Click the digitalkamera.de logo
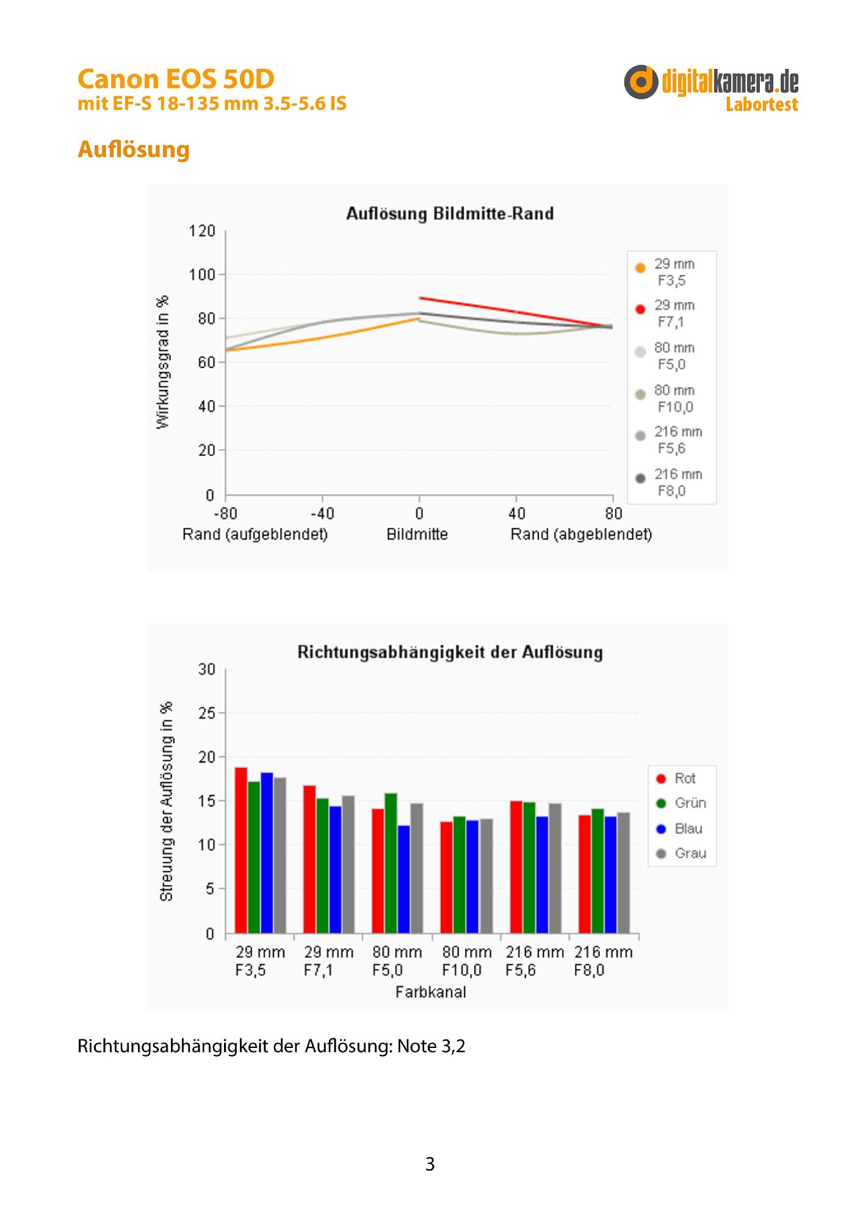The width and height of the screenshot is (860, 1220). click(x=711, y=88)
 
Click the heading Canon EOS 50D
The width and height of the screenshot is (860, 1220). click(x=176, y=79)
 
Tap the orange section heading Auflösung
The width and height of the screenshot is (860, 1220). click(x=134, y=149)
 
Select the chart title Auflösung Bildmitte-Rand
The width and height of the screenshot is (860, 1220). click(x=450, y=213)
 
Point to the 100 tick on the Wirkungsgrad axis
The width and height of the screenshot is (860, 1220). click(x=202, y=274)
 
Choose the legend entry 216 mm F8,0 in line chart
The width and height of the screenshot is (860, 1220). click(x=670, y=483)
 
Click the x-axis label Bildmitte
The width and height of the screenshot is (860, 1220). click(x=417, y=534)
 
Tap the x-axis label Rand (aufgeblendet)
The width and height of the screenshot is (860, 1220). click(x=255, y=534)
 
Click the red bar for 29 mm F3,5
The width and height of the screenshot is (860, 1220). click(x=241, y=850)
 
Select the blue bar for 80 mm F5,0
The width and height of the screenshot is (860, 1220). click(x=403, y=879)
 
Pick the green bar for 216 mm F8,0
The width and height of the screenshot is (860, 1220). click(x=598, y=871)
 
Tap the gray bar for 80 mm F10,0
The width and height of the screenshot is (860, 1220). click(x=486, y=876)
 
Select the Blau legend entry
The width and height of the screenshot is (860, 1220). click(x=679, y=829)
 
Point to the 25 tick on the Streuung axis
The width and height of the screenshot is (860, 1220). click(x=207, y=713)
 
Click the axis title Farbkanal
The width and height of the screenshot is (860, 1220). click(x=431, y=992)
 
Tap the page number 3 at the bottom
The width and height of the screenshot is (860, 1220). click(x=430, y=1164)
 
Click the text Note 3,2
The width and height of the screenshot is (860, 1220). click(x=432, y=1047)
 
